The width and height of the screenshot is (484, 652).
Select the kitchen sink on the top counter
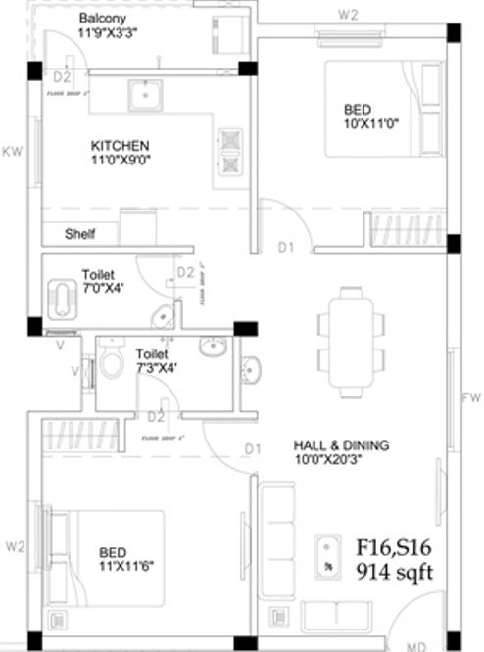pyautogui.click(x=146, y=96)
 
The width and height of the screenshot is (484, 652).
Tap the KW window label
pyautogui.click(x=12, y=151)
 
